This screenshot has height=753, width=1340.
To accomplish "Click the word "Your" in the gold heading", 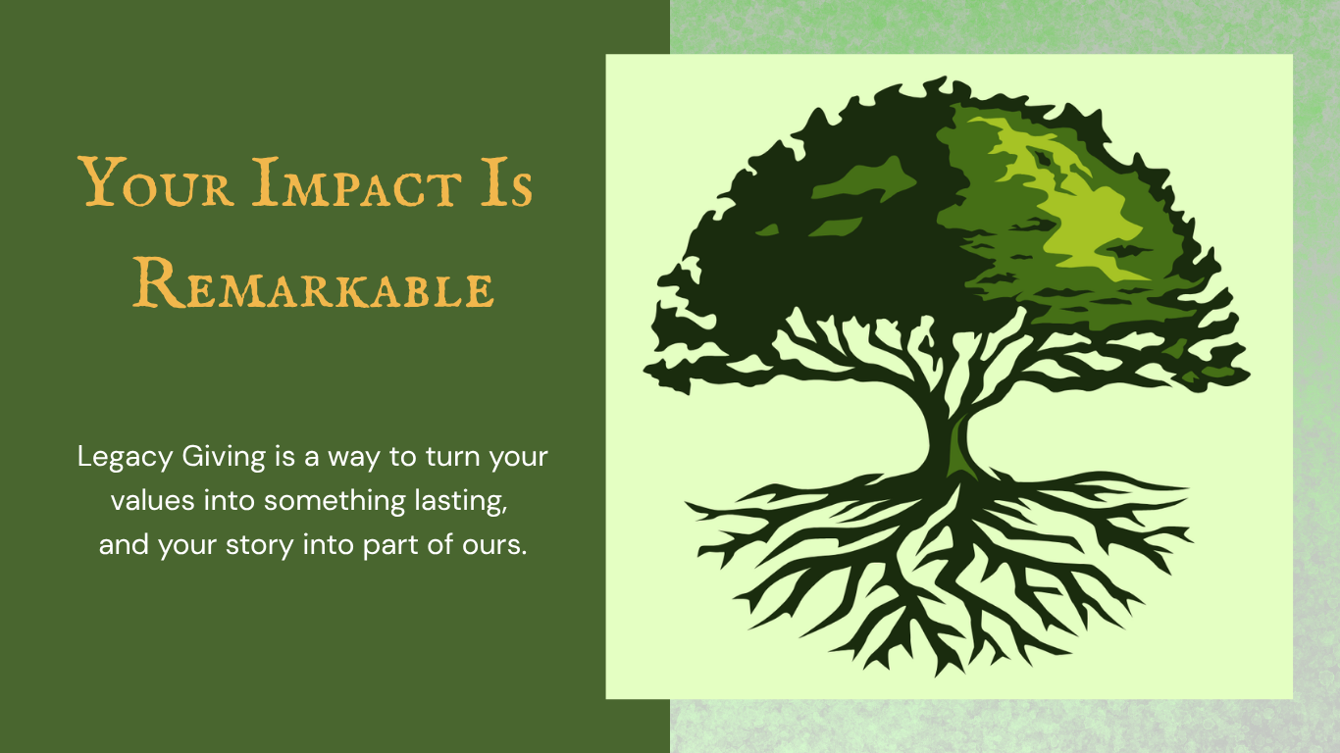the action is (156, 181).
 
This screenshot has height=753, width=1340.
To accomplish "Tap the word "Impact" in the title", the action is (356, 181).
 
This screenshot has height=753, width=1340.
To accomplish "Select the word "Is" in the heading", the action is (506, 181).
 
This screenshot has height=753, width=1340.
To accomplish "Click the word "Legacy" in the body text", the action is (125, 458).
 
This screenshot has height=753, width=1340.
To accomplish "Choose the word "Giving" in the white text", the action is (224, 458).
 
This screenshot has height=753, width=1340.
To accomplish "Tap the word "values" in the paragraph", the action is (153, 501).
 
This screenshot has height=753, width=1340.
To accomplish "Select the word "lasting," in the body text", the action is (461, 501).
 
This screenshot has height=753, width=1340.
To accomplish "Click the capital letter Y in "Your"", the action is (102, 181).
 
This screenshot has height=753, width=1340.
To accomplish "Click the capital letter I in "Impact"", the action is (266, 181).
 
